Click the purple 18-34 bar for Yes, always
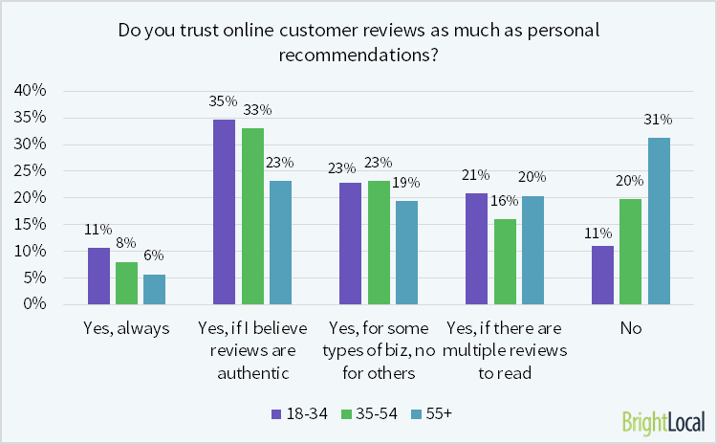[x=99, y=276]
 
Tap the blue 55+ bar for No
[x=661, y=221]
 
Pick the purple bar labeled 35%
[x=225, y=211]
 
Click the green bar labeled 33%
[x=253, y=216]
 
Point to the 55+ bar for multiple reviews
[x=532, y=250]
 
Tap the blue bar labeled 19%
[x=405, y=253]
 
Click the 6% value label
[x=155, y=255]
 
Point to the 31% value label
[x=661, y=120]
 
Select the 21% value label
[x=475, y=175]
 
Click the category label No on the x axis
[x=630, y=328]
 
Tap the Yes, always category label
[x=127, y=328]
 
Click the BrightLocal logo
[x=663, y=421]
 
